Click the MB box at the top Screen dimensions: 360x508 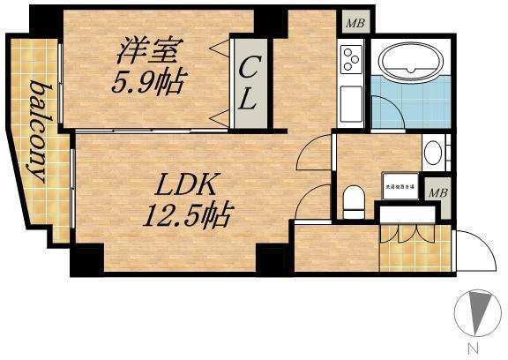tap(352, 23)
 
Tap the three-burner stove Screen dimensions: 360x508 tap(351, 60)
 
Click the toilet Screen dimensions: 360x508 tap(354, 200)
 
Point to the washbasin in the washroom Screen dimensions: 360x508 tap(433, 153)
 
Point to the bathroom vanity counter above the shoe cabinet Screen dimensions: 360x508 tap(407, 213)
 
